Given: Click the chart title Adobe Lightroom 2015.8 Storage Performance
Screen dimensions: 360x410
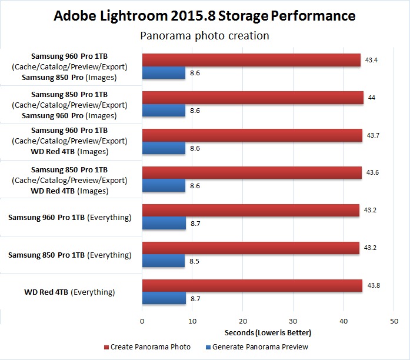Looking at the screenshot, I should pyautogui.click(x=205, y=15).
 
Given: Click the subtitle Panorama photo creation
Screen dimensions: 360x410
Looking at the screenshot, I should pyautogui.click(x=205, y=36).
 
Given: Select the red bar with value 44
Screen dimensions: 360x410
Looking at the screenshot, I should pyautogui.click(x=252, y=98).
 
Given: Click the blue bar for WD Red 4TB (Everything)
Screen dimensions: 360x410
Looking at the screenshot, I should pyautogui.click(x=164, y=299).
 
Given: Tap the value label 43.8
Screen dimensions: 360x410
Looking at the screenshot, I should pyautogui.click(x=374, y=286).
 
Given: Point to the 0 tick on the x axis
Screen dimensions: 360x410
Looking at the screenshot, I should pyautogui.click(x=142, y=321).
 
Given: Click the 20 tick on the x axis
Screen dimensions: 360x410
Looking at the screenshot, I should pyautogui.click(x=243, y=321).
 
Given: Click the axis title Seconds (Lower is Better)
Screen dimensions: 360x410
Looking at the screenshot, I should pyautogui.click(x=268, y=333).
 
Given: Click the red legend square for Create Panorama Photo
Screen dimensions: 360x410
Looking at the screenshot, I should pyautogui.click(x=107, y=347).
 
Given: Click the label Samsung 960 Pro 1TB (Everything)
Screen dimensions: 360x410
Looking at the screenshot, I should pyautogui.click(x=69, y=218).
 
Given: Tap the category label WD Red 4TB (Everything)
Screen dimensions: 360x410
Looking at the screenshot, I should pyautogui.click(x=69, y=292).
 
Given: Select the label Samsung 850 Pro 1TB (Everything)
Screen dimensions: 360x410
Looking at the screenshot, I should pyautogui.click(x=69, y=255).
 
